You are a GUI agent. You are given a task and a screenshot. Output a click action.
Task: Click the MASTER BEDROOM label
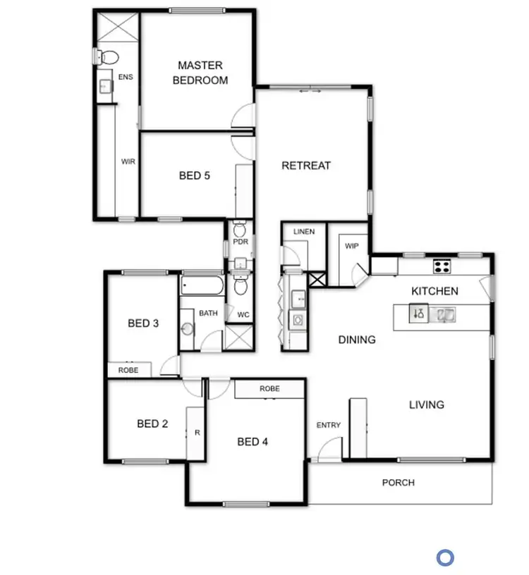coord(200,73)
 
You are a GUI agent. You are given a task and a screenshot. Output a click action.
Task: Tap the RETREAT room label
coord(306,166)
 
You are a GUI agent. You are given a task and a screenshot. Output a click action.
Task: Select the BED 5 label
coord(194,175)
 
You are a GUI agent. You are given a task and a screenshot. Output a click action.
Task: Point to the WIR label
coord(128,161)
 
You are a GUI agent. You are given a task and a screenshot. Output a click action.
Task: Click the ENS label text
coord(126,77)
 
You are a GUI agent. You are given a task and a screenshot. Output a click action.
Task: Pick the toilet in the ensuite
coord(108,56)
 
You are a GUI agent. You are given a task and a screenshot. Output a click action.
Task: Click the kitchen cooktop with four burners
coord(442,266)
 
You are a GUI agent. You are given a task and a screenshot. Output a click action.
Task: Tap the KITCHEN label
coord(434,290)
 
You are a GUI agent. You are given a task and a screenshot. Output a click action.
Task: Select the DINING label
coord(357,340)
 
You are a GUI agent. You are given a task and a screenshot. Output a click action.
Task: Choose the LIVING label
coord(427,404)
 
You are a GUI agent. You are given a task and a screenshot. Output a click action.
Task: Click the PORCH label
coord(399,483)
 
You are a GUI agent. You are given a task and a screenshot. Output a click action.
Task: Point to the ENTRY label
coord(329,425)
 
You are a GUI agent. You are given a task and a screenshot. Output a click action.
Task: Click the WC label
coord(243,314)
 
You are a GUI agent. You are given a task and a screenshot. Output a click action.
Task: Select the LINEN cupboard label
coord(304,232)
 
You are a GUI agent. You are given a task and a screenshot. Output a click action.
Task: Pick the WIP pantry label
coord(352,246)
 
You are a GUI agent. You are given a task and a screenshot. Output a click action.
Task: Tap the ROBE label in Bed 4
coord(269,388)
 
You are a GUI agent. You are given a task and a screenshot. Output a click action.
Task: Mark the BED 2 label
coord(152,423)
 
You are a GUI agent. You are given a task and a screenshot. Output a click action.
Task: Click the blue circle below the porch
coord(445,558)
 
